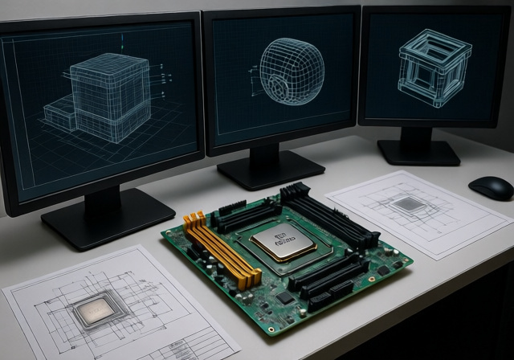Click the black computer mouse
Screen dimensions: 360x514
490,187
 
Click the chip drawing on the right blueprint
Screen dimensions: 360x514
410,205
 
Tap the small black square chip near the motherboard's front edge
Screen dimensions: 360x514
286,297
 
